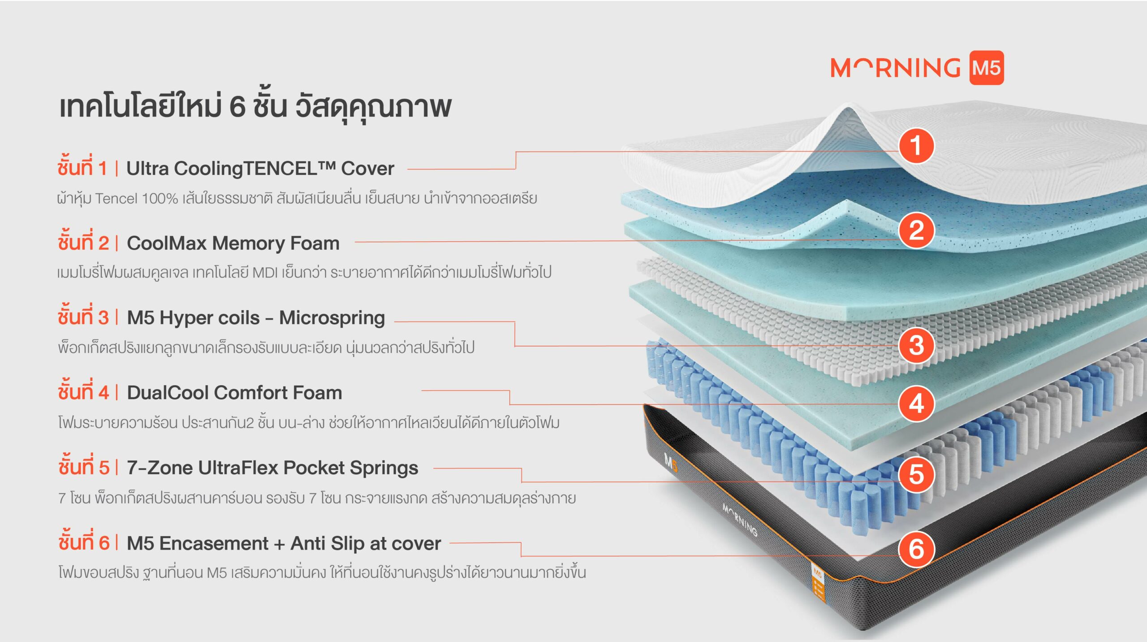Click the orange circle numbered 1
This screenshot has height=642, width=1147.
click(x=916, y=145)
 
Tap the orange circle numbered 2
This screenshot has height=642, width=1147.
click(x=916, y=230)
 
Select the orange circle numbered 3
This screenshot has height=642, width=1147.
click(x=916, y=345)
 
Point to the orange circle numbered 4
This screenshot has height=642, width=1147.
click(x=916, y=403)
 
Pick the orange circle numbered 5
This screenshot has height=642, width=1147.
click(x=916, y=474)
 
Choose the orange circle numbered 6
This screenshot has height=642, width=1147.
click(x=916, y=549)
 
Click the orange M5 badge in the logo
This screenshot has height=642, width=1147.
click(x=987, y=68)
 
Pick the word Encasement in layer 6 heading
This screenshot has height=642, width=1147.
click(x=214, y=543)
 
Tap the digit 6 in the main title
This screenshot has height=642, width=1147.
click(x=237, y=107)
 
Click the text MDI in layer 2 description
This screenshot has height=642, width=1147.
click(x=265, y=273)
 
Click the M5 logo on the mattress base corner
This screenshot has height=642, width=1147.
click(x=670, y=463)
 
